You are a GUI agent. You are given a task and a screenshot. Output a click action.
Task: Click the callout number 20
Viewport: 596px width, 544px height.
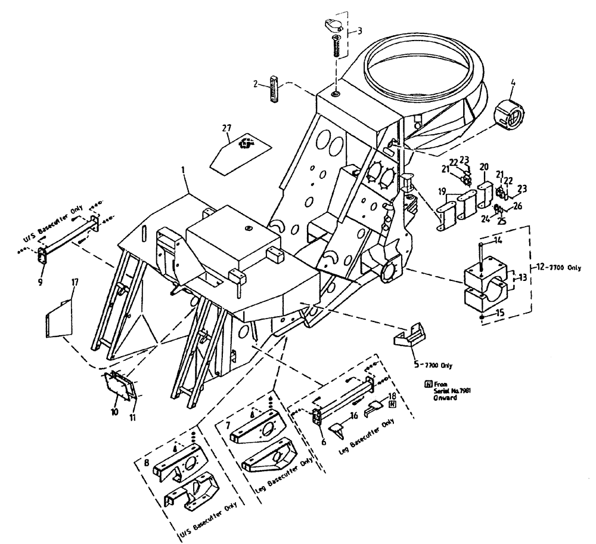(483, 166)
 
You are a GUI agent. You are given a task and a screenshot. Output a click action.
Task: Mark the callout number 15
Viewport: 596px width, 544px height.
(499, 311)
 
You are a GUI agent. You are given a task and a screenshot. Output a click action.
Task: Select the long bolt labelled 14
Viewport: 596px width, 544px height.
(480, 256)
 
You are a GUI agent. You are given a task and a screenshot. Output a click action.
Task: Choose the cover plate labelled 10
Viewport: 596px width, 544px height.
(121, 391)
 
